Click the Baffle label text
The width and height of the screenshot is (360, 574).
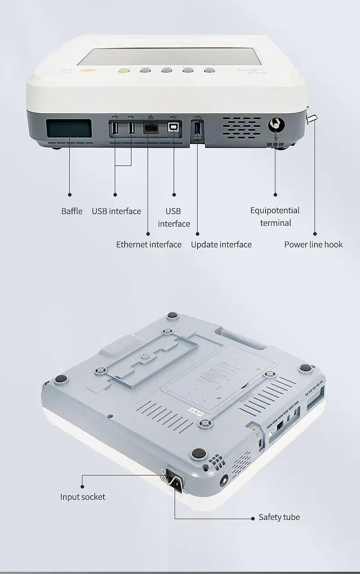pyautogui.click(x=72, y=211)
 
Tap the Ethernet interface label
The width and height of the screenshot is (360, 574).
pyautogui.click(x=149, y=244)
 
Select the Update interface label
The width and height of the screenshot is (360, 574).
pyautogui.click(x=221, y=244)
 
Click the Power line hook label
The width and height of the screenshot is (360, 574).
pyautogui.click(x=313, y=244)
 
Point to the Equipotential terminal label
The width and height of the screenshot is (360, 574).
pyautogui.click(x=275, y=216)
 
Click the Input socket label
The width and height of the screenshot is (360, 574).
pyautogui.click(x=83, y=497)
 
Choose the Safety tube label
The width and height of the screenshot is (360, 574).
pyautogui.click(x=279, y=517)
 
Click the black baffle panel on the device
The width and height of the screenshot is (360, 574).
pyautogui.click(x=69, y=129)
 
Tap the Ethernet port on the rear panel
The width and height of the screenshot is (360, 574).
pyautogui.click(x=150, y=128)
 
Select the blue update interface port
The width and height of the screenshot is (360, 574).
pyautogui.click(x=197, y=128)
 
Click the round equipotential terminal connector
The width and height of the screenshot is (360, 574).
pyautogui.click(x=275, y=125)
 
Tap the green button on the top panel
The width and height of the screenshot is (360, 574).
pyautogui.click(x=123, y=71)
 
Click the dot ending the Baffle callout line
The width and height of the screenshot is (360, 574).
pyautogui.click(x=70, y=194)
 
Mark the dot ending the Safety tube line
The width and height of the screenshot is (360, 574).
pyautogui.click(x=253, y=518)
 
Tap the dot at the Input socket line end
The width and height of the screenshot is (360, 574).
pyautogui.click(x=82, y=485)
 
